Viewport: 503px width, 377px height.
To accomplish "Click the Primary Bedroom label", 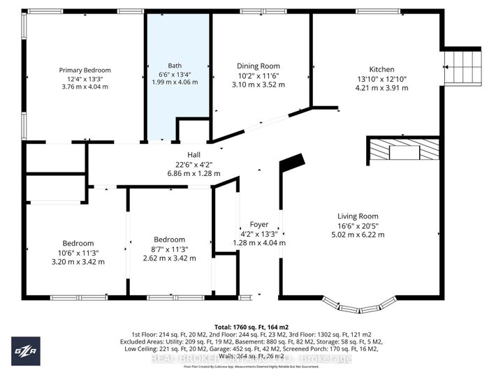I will (x=81, y=70).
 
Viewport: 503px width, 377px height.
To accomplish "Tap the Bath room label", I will (x=174, y=66).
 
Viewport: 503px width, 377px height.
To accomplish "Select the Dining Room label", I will (x=258, y=66).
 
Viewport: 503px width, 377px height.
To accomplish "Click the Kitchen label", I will (x=381, y=70).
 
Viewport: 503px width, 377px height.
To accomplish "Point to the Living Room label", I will (x=358, y=216).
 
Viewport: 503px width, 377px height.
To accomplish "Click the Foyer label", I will (x=258, y=225).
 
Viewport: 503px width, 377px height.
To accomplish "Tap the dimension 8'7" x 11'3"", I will (x=170, y=249).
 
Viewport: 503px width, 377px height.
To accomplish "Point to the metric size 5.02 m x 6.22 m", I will (x=358, y=235).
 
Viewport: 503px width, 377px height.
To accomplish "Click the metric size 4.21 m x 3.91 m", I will (x=381, y=88).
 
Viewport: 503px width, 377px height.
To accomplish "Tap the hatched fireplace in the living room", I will (x=403, y=150).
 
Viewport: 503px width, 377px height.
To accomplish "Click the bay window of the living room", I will (x=361, y=304).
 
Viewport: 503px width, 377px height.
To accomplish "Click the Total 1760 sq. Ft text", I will (x=250, y=326).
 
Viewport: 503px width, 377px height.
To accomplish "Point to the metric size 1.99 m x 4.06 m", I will (x=174, y=82).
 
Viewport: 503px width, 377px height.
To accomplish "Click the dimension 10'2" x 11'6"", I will (x=258, y=75).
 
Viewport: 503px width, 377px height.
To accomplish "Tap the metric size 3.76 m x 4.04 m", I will (x=81, y=87).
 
